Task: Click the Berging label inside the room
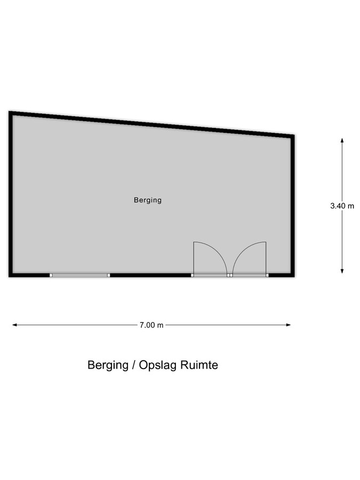(147, 201)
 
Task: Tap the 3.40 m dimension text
(342, 205)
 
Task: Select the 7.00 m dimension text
(151, 325)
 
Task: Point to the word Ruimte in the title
(199, 365)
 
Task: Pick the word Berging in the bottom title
(107, 366)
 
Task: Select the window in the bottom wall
(79, 275)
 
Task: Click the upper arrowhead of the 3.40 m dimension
(342, 140)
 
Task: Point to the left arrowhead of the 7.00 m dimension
(14, 325)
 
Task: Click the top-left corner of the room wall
(11, 113)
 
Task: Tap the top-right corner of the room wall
(292, 137)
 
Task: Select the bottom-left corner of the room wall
(11, 275)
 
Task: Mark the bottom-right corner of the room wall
(292, 275)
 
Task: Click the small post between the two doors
(230, 275)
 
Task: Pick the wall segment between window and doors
(150, 275)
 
